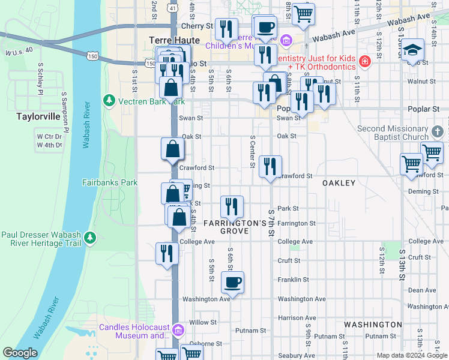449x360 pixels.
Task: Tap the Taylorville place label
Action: pos(37,117)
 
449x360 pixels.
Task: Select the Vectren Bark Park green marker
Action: pos(109,99)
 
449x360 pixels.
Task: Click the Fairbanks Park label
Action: pos(110,182)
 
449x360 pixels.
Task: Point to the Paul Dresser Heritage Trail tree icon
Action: pos(90,238)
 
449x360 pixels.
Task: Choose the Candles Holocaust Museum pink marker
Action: pos(178,331)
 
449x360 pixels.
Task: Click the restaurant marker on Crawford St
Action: pos(271,166)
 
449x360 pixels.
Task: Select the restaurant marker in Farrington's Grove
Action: pos(232,206)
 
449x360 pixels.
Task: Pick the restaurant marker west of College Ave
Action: pos(167,253)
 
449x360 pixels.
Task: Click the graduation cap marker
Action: pos(412,49)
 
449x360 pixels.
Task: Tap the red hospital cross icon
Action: pos(364,61)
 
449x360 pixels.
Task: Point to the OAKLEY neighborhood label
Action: pos(339,182)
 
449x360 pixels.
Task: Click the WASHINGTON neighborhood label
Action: pos(373,324)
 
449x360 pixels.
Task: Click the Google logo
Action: pos(20,353)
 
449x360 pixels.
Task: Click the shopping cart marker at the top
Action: pos(304,13)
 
